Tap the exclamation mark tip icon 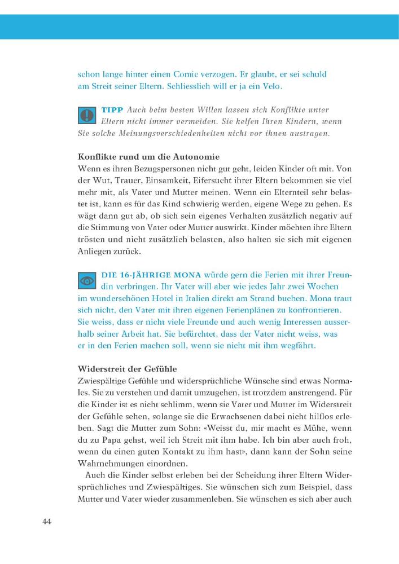pyautogui.click(x=87, y=116)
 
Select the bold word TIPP pyautogui.click(x=112, y=109)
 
